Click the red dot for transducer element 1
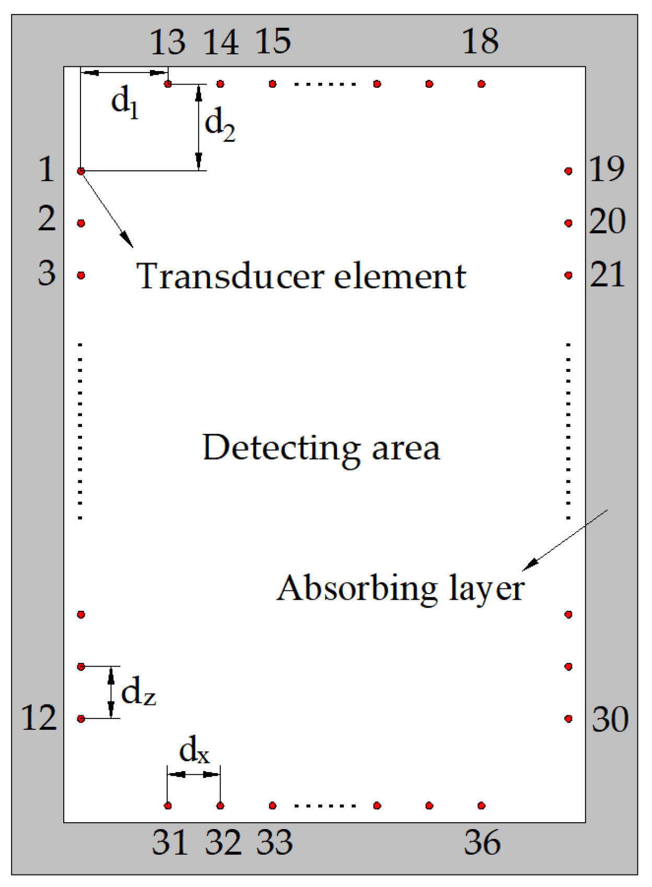point(81,171)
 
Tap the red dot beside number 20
point(568,223)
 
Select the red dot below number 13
point(168,84)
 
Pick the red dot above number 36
point(482,806)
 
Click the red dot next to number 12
point(81,719)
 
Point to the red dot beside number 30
point(568,719)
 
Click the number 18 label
point(480,41)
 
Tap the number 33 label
point(274,842)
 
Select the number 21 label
point(607,274)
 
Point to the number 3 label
point(46,273)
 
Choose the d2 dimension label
point(220,126)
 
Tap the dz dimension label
point(138,693)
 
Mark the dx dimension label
point(194,752)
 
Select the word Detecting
point(281,448)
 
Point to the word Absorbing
point(357,589)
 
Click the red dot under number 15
point(272,84)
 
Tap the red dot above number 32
point(220,806)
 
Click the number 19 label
point(607,169)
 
